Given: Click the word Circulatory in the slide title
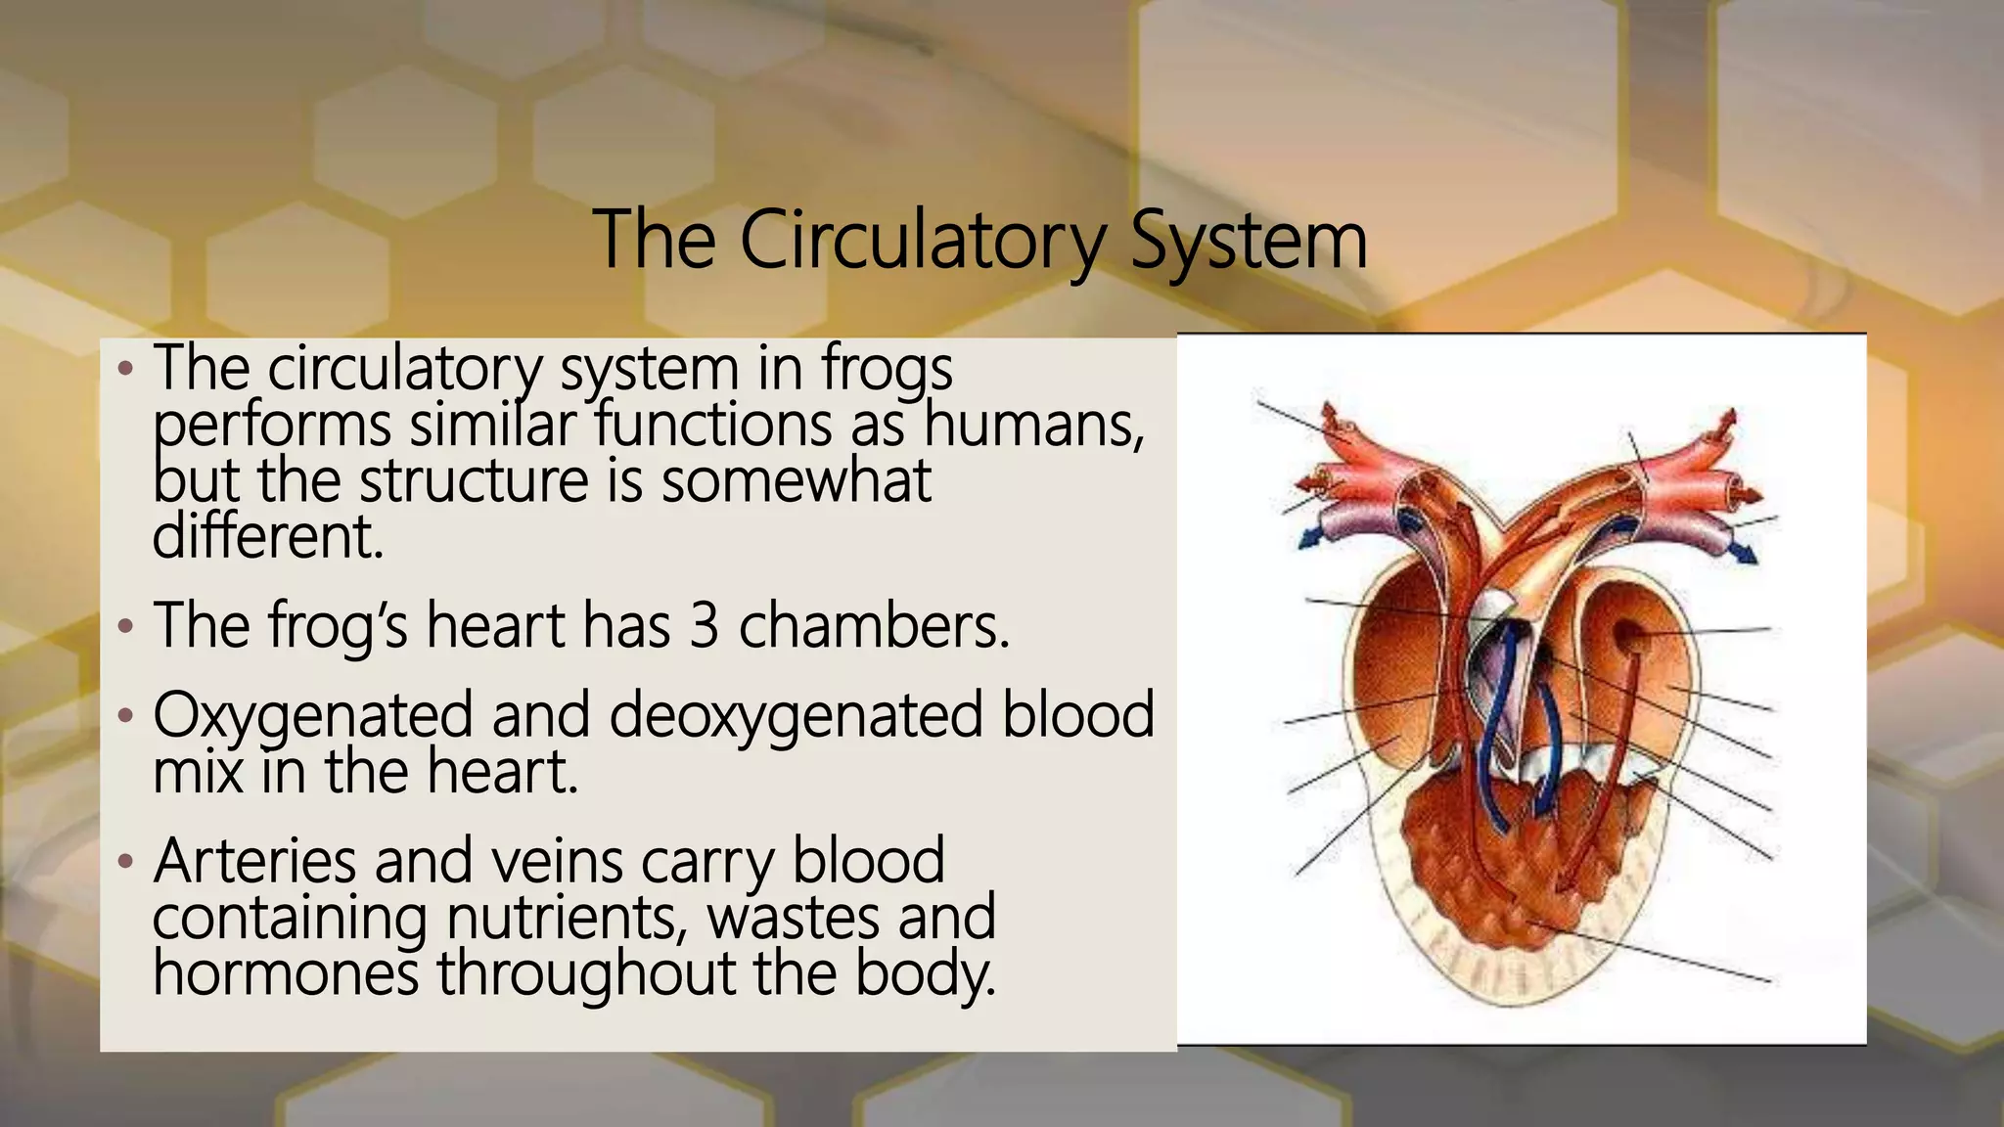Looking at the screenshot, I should coord(921,241).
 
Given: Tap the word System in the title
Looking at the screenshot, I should coord(1248,241).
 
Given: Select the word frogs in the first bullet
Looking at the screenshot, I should coord(887,369).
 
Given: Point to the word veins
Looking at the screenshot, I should coord(552,861).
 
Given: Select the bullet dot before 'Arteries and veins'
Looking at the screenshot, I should coord(124,863).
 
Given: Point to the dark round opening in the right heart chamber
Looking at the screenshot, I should coord(1629,636).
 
